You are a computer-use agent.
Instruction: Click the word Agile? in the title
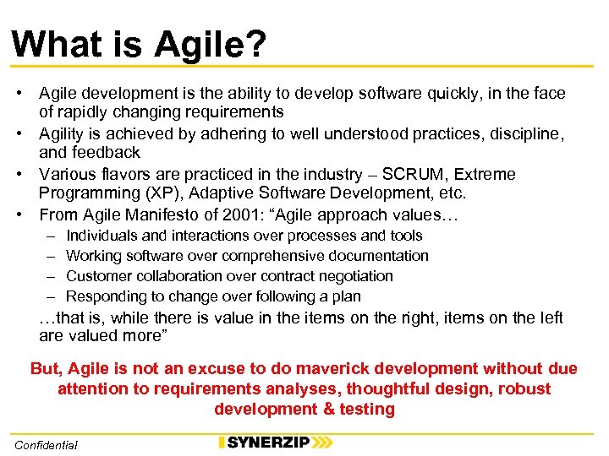pos(210,44)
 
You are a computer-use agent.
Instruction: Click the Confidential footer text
pos(46,444)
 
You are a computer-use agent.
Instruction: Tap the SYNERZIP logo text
pos(266,442)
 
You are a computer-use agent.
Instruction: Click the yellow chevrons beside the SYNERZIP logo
pos(321,442)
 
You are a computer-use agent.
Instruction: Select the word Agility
pos(64,133)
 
